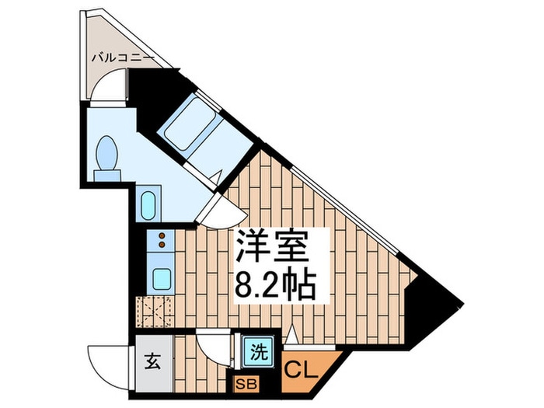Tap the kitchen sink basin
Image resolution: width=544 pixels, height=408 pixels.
pos(162,277)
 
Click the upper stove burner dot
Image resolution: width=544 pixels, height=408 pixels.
pos(162,235)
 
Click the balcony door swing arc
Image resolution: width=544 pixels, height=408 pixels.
pos(110,85)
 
